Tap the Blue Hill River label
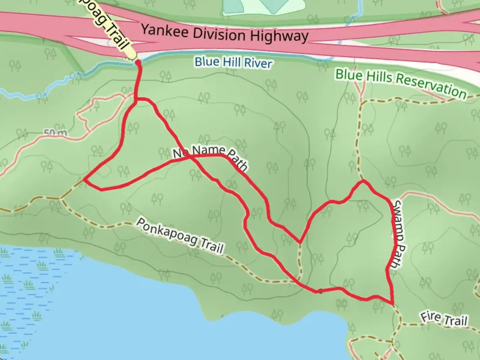[233, 62]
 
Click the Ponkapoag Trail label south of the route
[180, 236]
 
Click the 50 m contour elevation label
[55, 133]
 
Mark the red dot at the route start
[138, 62]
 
